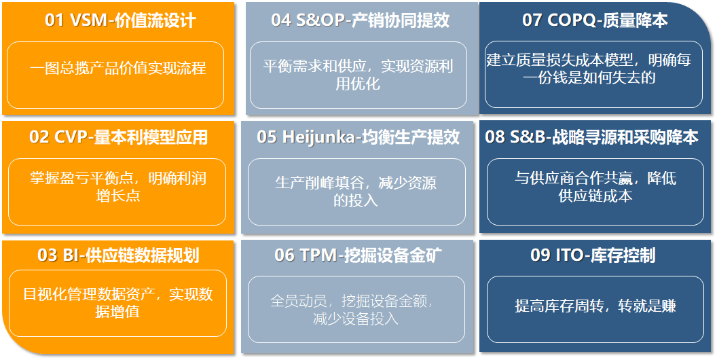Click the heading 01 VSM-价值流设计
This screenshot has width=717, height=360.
click(x=120, y=20)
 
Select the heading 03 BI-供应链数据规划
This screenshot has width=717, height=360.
click(x=118, y=255)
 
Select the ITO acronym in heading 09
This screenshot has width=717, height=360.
click(x=569, y=255)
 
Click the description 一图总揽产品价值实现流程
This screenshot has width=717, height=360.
click(x=117, y=68)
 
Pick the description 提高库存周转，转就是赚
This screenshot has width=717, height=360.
click(x=595, y=306)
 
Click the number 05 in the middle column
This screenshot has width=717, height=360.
click(x=267, y=137)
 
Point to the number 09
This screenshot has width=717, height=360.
click(x=540, y=255)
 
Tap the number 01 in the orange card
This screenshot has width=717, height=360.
click(x=54, y=20)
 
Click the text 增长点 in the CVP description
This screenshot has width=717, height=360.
click(x=117, y=196)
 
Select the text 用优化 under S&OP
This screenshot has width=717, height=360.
click(x=358, y=84)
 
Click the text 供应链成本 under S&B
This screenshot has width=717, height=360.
click(x=595, y=196)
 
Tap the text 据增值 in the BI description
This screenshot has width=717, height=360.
click(x=117, y=312)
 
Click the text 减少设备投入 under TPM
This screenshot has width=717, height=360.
click(x=356, y=318)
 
